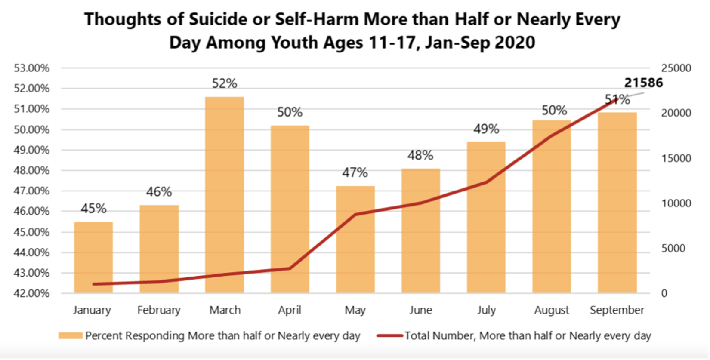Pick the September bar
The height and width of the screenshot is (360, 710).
(617, 203)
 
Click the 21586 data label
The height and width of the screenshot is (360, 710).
(643, 83)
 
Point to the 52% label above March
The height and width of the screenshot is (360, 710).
(224, 83)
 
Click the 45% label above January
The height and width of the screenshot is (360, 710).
(93, 209)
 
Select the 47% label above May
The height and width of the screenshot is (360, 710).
(355, 173)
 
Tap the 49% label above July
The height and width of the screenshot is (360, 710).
(486, 129)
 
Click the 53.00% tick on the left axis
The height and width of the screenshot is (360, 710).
(32, 68)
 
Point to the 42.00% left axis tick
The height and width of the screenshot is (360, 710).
(32, 293)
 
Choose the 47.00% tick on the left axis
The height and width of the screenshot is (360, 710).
(32, 191)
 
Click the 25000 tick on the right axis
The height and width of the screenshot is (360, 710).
(676, 68)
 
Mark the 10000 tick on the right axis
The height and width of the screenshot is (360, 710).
(676, 203)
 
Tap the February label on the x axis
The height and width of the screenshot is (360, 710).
(159, 310)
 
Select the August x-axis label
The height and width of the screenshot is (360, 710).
(552, 310)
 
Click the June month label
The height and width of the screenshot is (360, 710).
(420, 310)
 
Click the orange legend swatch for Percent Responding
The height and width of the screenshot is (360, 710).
(71, 335)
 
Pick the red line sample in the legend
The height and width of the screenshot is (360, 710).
(390, 335)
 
